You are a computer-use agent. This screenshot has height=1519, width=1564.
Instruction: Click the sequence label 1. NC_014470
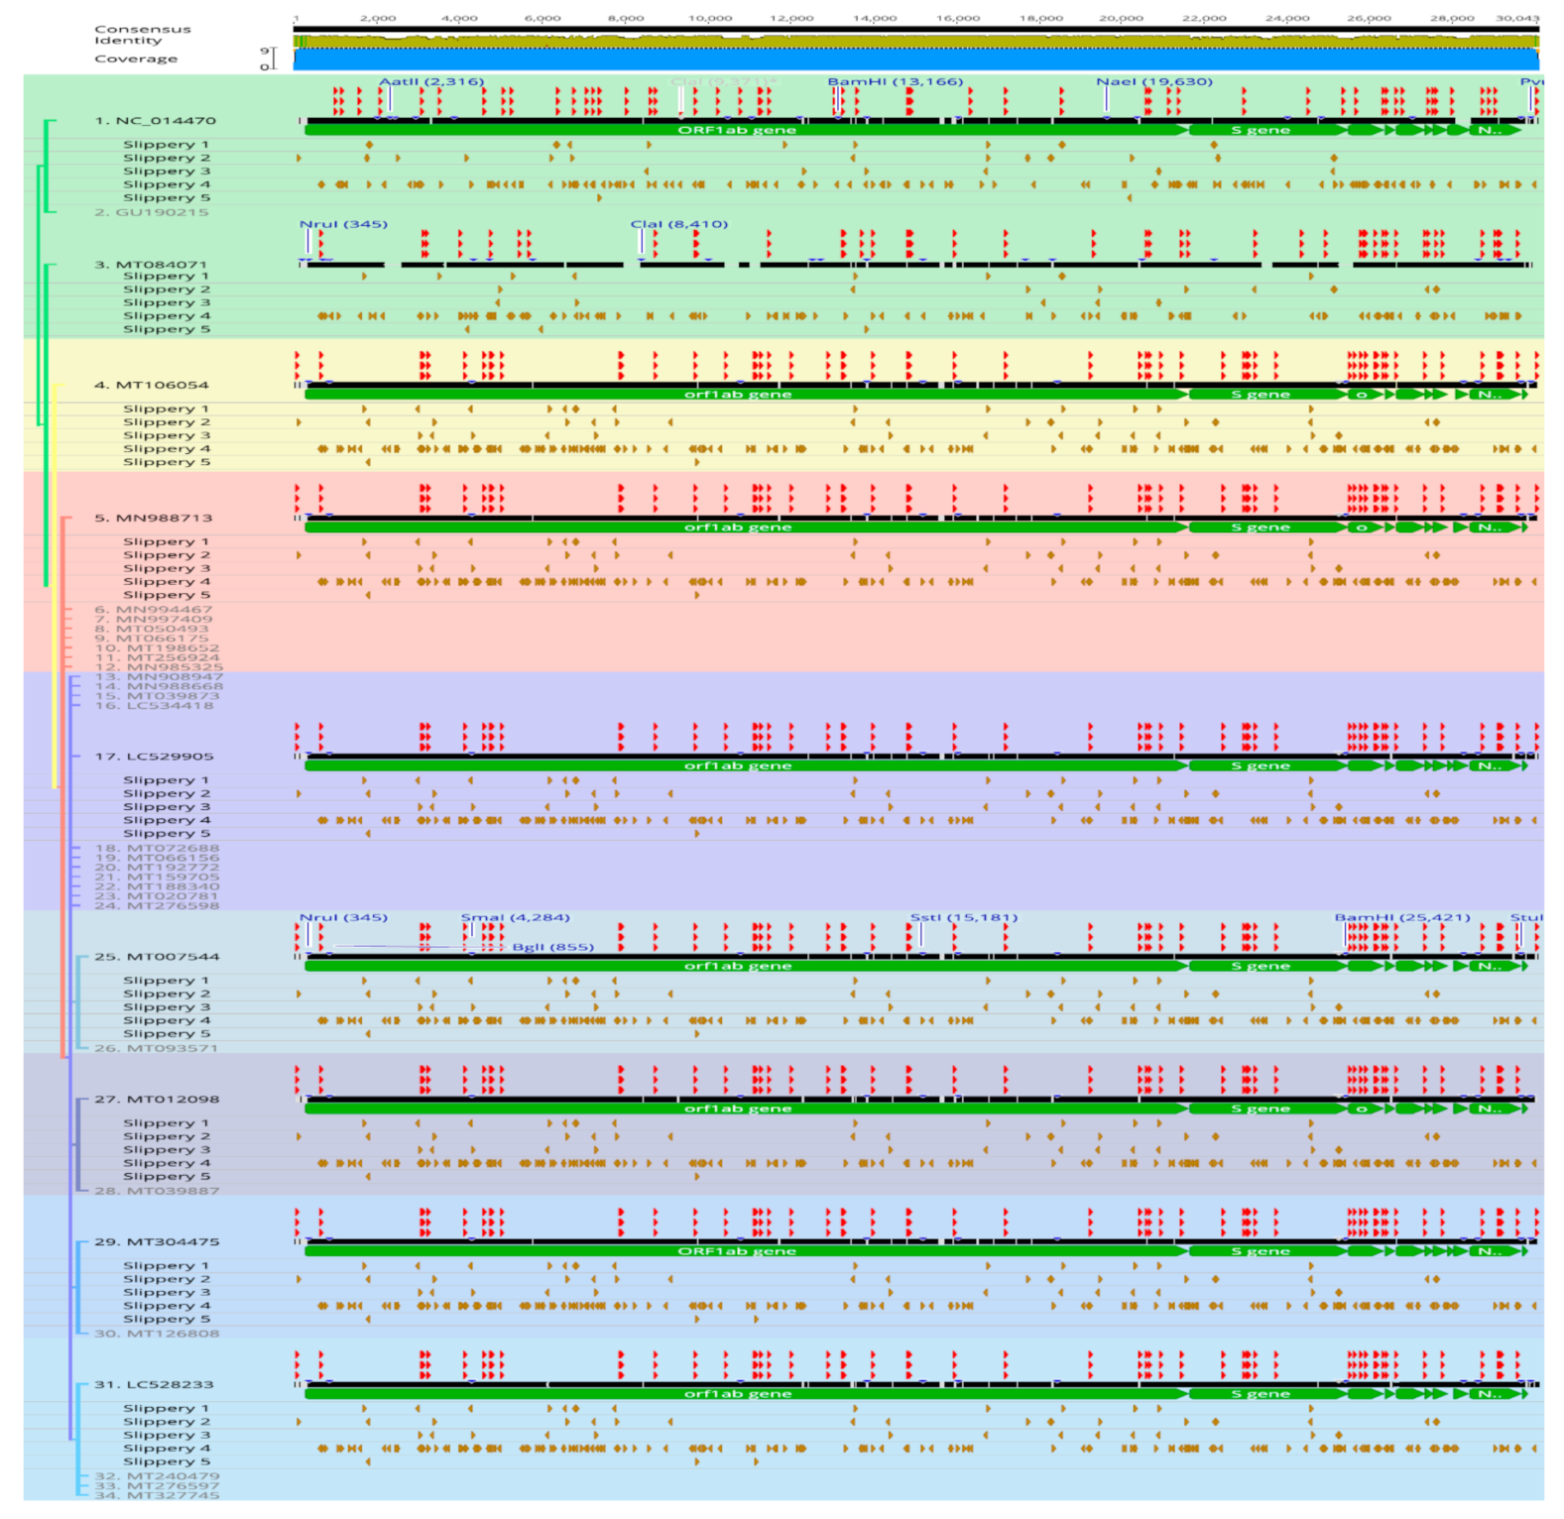pos(155,121)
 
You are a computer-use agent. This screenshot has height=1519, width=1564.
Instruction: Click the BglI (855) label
pos(552,947)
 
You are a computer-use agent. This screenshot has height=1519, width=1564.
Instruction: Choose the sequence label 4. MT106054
pos(151,385)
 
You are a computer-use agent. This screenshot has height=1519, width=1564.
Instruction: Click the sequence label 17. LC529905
pos(154,757)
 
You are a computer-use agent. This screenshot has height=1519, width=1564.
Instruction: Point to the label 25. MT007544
pos(157,957)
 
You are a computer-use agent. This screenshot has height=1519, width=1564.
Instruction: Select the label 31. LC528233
pos(154,1384)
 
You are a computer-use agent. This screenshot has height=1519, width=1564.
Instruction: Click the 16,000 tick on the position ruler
pos(957,18)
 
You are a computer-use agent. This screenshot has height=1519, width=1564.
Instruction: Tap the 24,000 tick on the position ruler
pos(1286,18)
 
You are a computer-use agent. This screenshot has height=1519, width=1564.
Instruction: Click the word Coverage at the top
pos(136,58)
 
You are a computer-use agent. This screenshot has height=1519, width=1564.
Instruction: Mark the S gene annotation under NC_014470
pos(1260,130)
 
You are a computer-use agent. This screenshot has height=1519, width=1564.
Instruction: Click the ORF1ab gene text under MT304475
pos(736,1251)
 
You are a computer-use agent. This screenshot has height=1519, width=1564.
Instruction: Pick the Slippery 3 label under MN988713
pos(166,568)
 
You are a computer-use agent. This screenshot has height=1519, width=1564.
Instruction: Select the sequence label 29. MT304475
pos(157,1241)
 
